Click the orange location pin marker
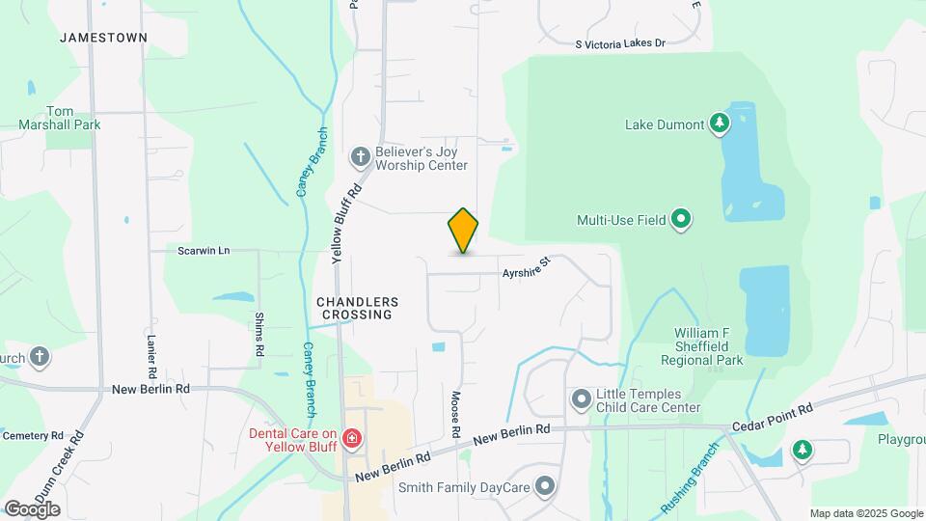click(x=464, y=231)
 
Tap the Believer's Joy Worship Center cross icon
click(x=360, y=155)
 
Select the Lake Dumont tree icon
click(x=719, y=123)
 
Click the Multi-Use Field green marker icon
click(x=681, y=219)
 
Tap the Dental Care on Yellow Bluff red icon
click(x=352, y=441)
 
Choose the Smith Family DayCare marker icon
click(x=546, y=486)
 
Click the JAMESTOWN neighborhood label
click(x=103, y=38)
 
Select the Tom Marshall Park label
click(x=59, y=117)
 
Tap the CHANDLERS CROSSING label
click(x=357, y=308)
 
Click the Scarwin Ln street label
click(x=204, y=251)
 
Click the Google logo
click(x=33, y=508)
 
